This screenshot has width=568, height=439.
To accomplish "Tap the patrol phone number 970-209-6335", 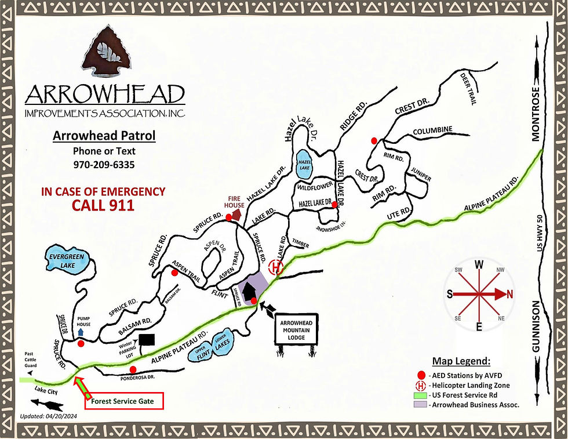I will coord(104,165).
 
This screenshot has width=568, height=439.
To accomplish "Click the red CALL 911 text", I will coord(103,205).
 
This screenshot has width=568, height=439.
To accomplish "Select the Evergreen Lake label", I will coord(67,260).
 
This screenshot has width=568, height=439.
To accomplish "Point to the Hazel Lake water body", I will coord(304,163).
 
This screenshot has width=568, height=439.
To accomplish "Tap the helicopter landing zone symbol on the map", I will coord(276,267).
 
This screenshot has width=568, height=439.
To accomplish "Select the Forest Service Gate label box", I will coord(124,401).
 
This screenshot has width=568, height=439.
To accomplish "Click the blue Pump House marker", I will coord(81,333).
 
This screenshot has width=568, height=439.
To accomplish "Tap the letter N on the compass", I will coord(510,295).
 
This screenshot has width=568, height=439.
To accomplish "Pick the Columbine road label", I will coord(432,132).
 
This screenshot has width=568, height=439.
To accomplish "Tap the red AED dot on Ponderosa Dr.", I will coord(133,369).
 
